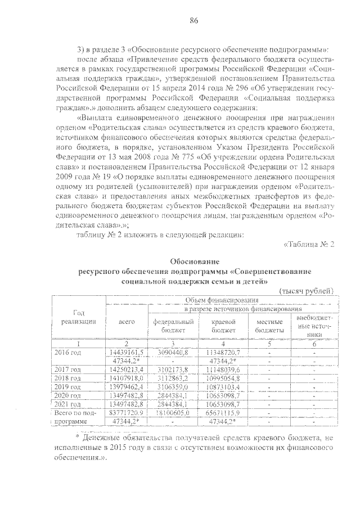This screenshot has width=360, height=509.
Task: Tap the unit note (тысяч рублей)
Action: point(307,290)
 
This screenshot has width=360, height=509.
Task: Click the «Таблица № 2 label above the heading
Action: point(309,245)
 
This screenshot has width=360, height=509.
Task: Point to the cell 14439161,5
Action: point(127,352)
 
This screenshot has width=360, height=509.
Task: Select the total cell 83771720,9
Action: point(127,412)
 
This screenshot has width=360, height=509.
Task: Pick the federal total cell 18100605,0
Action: point(174,412)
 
